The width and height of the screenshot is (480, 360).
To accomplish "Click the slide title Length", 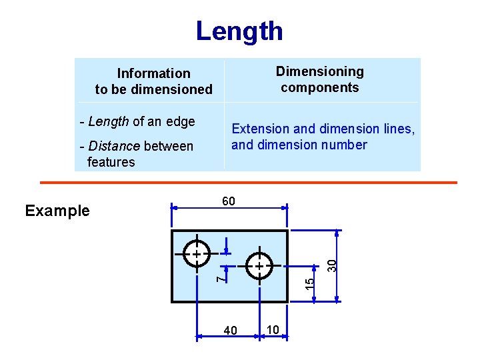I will point(239,31).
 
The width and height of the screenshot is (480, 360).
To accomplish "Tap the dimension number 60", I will point(228,201).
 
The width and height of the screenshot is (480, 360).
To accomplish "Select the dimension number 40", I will point(231,331).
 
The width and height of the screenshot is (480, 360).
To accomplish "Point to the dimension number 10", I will point(273,329).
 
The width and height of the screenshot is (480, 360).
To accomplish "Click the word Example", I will point(57,211).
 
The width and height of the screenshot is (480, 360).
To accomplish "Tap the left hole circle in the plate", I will point(197,255).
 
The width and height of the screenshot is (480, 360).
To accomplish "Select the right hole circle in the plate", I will point(259,266).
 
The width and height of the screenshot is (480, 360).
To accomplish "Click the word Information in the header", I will point(153,73).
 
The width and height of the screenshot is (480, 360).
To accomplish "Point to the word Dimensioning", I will point(320,71).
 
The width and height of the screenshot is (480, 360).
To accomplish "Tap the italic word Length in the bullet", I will point(109,121).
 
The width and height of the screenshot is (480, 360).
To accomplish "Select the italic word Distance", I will point(115,146).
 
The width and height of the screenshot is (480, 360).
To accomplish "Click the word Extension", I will point(260,129).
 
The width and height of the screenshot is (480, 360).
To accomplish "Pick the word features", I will point(111,162).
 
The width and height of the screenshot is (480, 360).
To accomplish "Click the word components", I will point(320,87).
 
